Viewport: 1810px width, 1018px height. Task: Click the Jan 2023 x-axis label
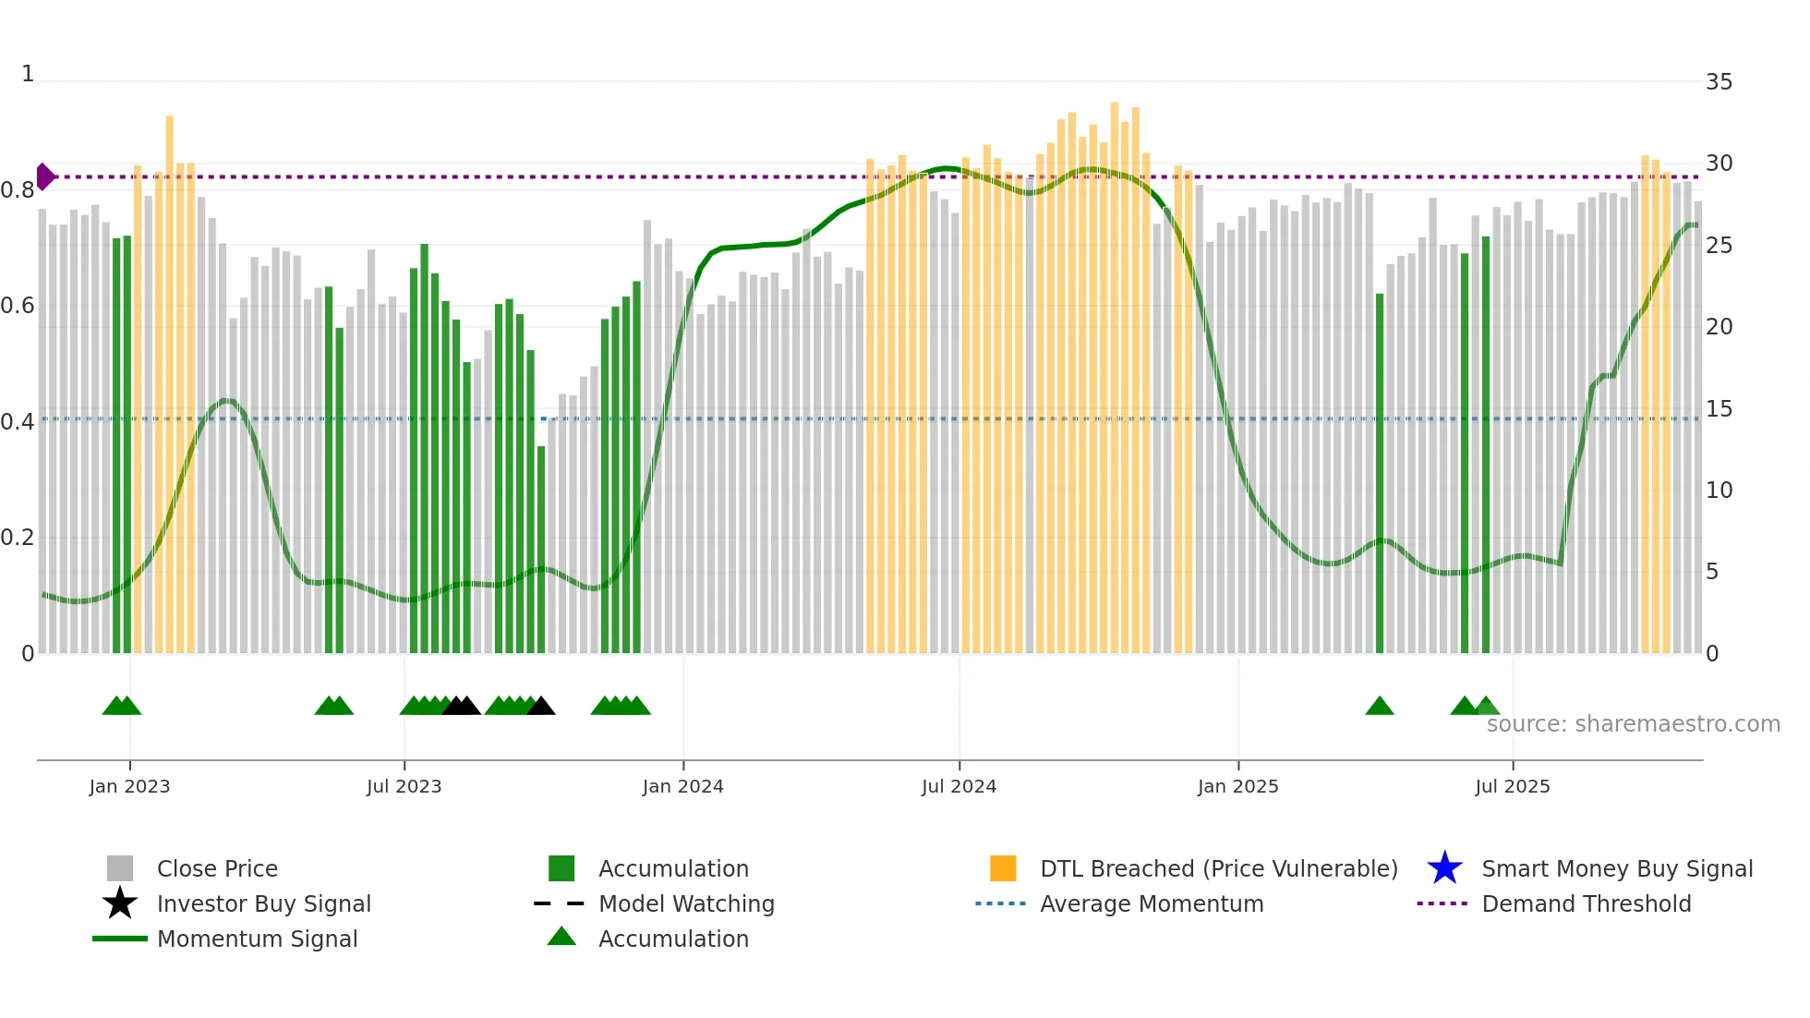pos(129,786)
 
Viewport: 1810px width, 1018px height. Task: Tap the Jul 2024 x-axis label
pos(959,786)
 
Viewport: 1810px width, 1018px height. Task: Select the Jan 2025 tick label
pos(1237,786)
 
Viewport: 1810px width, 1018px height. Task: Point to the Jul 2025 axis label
pos(1512,786)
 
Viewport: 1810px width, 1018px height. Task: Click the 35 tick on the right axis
pos(1719,82)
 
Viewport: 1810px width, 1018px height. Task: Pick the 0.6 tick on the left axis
pos(18,306)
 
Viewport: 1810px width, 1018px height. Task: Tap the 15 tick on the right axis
pos(1719,409)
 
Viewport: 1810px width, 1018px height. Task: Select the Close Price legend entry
pos(217,868)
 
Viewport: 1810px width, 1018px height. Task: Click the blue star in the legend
pos(1444,868)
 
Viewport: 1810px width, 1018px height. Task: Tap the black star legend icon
pos(120,903)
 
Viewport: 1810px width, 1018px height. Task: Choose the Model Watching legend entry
pos(686,903)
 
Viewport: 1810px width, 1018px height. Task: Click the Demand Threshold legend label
pos(1586,903)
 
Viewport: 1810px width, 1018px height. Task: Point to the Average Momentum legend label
pos(1152,903)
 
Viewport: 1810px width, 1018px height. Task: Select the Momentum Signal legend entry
pos(257,939)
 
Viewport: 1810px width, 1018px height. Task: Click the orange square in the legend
pos(1003,868)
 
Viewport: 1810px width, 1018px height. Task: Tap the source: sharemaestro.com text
pos(1633,724)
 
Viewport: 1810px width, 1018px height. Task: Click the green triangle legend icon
pos(561,937)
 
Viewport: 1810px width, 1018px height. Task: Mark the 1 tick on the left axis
pos(28,74)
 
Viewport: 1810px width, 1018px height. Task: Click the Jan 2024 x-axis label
pos(682,786)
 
